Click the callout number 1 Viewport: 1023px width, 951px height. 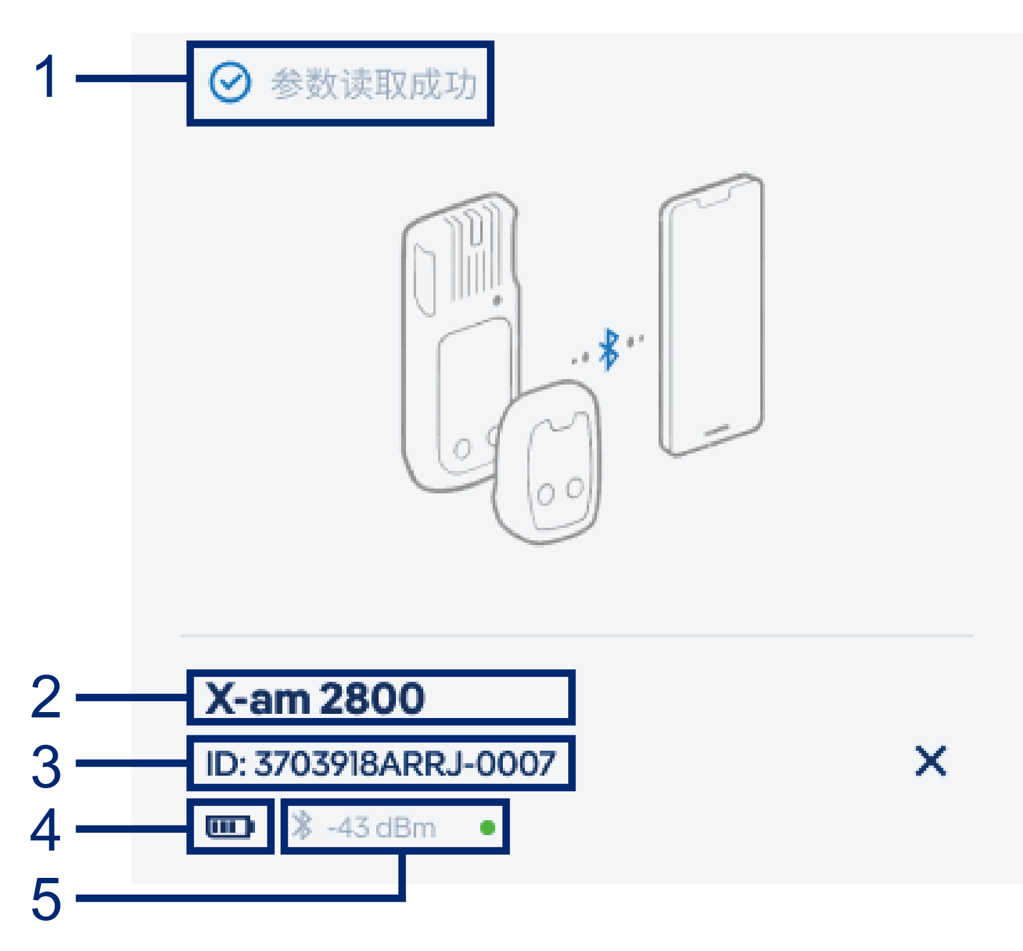(45, 77)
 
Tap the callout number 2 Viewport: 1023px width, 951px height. (46, 697)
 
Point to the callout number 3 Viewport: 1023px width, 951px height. (46, 766)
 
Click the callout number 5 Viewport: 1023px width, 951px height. (46, 899)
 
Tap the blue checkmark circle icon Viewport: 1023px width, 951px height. (229, 83)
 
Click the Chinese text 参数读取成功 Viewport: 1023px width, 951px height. (374, 84)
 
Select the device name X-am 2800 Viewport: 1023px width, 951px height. (315, 698)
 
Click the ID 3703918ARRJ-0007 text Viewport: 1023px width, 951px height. (380, 764)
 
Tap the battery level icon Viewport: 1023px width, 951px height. (229, 827)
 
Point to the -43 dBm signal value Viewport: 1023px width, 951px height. (382, 827)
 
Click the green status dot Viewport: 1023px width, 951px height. (487, 827)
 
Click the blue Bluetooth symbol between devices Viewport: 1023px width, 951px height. (608, 349)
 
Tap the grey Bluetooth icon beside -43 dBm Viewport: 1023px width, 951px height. (302, 826)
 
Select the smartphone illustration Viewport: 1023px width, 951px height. (710, 315)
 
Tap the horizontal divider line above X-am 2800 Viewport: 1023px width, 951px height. (577, 635)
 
